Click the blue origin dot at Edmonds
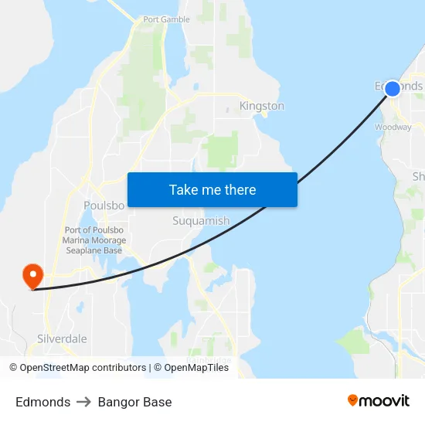click(392, 88)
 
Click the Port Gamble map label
click(167, 20)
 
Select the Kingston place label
click(261, 106)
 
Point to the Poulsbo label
click(104, 206)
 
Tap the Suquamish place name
click(200, 221)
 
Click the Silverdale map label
click(62, 338)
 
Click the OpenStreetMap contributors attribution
click(83, 368)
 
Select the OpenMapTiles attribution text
click(196, 368)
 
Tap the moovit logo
click(378, 400)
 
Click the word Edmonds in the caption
click(42, 402)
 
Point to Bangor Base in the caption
click(134, 402)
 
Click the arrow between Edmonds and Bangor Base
click(83, 402)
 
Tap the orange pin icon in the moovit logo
click(353, 400)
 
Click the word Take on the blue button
click(183, 190)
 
